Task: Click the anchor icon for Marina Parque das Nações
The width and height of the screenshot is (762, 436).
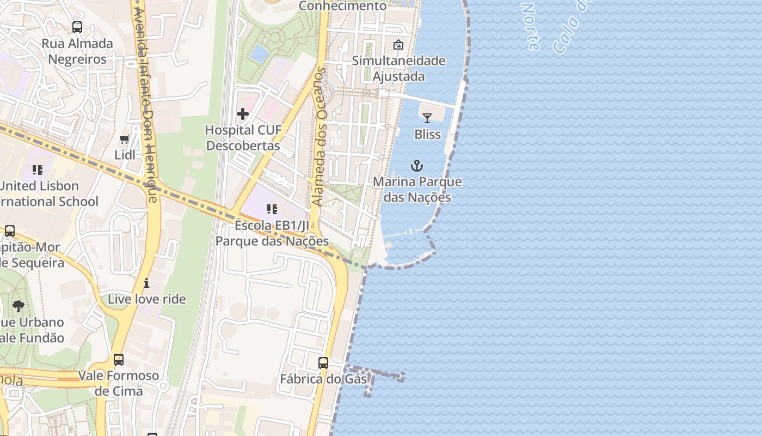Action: [x=417, y=166]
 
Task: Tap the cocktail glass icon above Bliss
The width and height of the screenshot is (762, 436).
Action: [x=427, y=118]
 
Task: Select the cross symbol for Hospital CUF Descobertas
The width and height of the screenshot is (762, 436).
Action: [x=243, y=114]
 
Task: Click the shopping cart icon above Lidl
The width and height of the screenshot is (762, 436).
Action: [x=125, y=140]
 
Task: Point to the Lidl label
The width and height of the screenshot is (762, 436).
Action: [x=125, y=155]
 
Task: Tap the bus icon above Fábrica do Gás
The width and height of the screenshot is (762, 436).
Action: [x=323, y=362]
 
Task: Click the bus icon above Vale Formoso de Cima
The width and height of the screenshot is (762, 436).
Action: [x=118, y=360]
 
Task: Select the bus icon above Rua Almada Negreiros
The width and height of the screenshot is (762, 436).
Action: [x=77, y=27]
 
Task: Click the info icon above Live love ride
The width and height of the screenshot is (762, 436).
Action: [x=146, y=283]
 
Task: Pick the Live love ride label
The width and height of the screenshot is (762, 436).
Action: [x=146, y=299]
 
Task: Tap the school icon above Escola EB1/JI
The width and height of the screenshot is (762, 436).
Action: [x=272, y=209]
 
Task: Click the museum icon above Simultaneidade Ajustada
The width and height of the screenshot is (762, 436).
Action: [x=398, y=45]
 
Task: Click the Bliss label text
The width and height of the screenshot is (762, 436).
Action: [x=427, y=134]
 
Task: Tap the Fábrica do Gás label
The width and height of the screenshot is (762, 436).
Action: [x=323, y=379]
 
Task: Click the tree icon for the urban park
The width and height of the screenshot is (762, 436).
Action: [x=19, y=306]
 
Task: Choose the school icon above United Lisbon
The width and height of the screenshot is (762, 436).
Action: [x=37, y=170]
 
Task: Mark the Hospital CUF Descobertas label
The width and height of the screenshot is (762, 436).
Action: [x=243, y=138]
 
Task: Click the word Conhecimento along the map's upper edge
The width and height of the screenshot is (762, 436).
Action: [x=343, y=6]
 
